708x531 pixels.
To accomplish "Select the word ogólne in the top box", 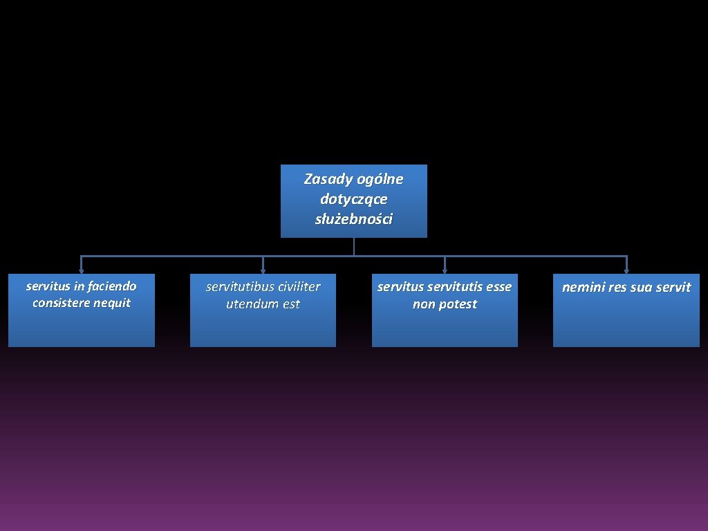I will coord(380,180).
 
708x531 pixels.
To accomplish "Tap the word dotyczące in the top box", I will coord(354,200).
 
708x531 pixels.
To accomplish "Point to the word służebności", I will coord(354,220).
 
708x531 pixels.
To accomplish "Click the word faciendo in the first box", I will coord(112,286).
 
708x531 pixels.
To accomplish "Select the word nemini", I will coord(583,288).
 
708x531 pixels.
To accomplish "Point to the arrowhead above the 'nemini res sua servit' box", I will coord(626,270).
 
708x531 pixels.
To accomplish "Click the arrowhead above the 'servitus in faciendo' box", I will coord(82,270).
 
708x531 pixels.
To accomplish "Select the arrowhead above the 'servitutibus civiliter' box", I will coord(263,270).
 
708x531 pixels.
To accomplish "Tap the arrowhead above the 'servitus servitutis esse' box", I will coord(445,270).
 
